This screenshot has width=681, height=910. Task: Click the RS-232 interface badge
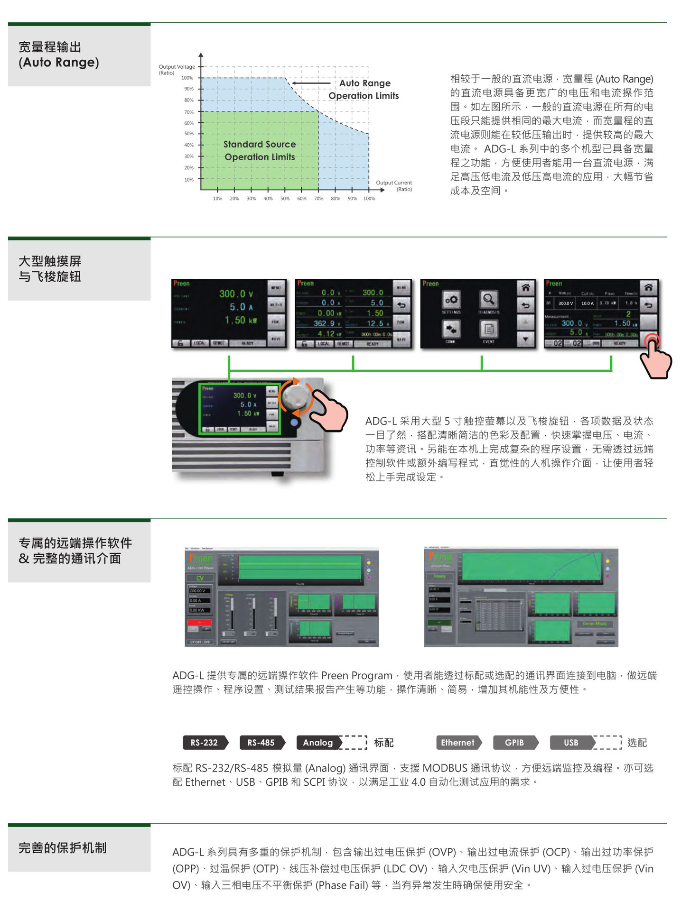205,743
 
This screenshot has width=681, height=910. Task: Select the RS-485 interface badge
261,743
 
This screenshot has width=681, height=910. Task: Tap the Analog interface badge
318,743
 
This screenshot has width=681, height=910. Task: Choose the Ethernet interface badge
457,743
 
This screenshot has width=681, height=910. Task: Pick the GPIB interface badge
514,743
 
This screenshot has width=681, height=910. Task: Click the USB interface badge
571,743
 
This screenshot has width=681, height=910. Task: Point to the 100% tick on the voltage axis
188,78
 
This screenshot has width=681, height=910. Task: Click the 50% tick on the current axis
285,199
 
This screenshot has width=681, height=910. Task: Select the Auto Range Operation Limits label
364,89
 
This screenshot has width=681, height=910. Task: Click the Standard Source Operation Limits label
260,150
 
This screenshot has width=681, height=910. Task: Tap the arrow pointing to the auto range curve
311,83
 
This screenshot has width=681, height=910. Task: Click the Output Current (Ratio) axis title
394,185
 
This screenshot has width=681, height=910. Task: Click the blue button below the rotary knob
295,423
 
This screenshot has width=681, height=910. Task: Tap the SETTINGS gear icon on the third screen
451,299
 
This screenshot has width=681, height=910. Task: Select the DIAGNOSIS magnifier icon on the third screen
488,299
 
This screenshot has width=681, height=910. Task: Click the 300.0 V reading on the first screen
236,294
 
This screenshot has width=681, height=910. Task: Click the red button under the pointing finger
651,339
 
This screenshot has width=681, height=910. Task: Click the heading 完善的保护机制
63,848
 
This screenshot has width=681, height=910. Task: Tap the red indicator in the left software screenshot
199,622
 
